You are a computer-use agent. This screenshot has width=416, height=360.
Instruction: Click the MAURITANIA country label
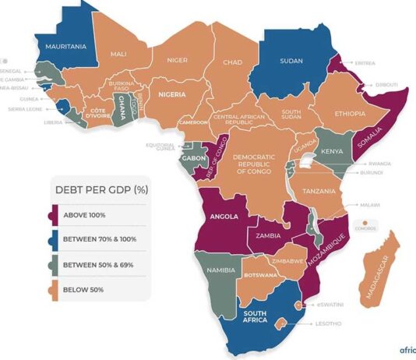click(65, 47)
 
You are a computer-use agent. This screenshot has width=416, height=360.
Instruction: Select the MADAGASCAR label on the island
click(376, 274)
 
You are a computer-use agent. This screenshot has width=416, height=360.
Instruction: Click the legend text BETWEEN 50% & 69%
click(104, 264)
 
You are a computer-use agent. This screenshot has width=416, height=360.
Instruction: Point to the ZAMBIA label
click(267, 234)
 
